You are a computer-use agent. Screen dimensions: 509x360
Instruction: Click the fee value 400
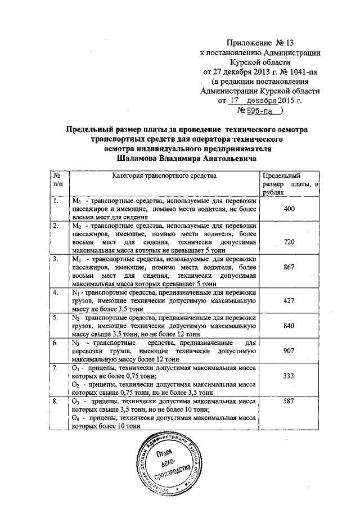[289, 209]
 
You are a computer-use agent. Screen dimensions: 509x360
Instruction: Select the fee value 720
[289, 240]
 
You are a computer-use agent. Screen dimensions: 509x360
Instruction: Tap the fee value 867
[289, 268]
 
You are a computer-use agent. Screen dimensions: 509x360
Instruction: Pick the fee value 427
[289, 301]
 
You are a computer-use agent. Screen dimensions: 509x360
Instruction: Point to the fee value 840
[289, 326]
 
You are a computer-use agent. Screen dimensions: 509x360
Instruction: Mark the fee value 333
[289, 375]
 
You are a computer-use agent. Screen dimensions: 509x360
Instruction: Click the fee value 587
[289, 403]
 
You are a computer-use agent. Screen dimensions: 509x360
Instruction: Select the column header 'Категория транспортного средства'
[164, 176]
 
